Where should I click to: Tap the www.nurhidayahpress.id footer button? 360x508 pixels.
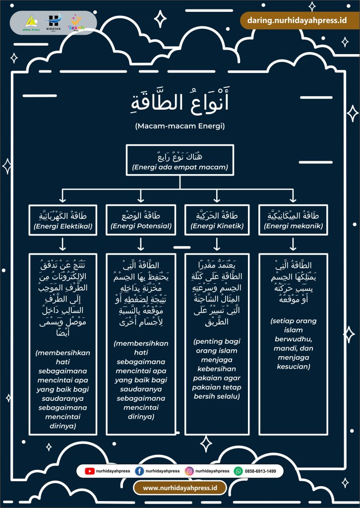tap(180, 488)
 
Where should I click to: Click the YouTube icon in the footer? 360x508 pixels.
tap(90, 471)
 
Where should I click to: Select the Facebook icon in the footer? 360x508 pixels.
tap(139, 471)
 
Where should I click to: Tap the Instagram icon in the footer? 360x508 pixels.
tap(189, 471)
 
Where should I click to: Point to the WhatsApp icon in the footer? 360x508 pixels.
tap(239, 471)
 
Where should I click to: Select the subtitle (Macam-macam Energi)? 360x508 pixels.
tap(180, 126)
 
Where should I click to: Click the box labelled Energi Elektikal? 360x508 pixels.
tap(62, 221)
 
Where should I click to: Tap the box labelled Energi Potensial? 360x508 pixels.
tap(141, 221)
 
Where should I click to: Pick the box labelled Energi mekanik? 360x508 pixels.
tap(294, 221)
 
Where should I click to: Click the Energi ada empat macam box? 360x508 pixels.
tap(180, 160)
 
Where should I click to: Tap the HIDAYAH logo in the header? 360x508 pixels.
tap(53, 22)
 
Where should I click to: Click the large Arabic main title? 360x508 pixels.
tap(180, 103)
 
